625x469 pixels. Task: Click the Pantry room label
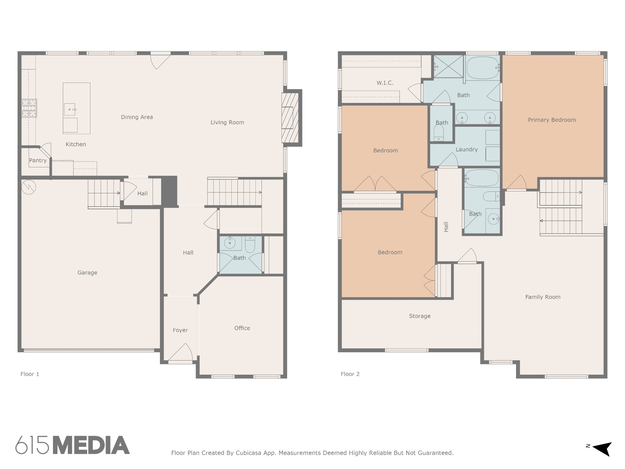(x=38, y=160)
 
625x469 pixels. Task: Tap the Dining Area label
(x=137, y=117)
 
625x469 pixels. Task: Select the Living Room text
(x=227, y=122)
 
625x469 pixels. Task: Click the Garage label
(x=87, y=273)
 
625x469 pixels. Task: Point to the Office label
(x=242, y=328)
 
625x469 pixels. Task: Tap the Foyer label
(x=180, y=330)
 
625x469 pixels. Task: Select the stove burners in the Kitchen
(x=29, y=108)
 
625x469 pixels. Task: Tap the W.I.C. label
(x=385, y=83)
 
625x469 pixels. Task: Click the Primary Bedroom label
(x=552, y=120)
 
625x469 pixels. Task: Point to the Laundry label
(x=467, y=149)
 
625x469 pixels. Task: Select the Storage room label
(x=420, y=316)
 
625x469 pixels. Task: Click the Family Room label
(x=543, y=297)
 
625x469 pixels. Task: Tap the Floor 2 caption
(x=350, y=374)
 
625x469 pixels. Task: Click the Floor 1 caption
(x=30, y=374)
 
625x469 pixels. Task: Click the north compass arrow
(x=602, y=449)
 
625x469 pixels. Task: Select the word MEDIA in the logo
(x=91, y=445)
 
